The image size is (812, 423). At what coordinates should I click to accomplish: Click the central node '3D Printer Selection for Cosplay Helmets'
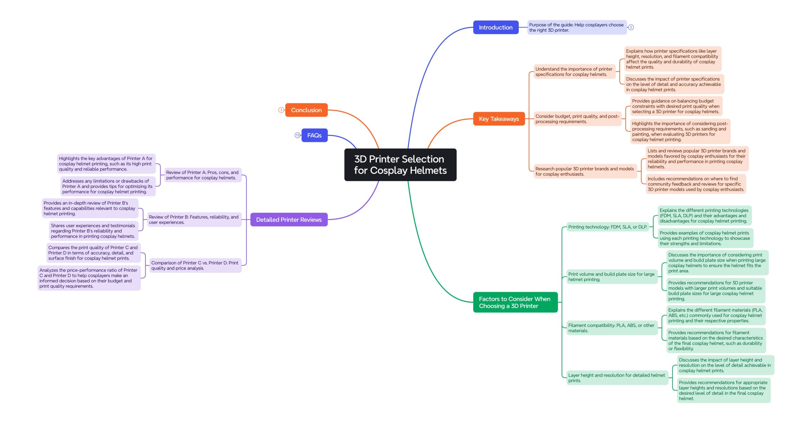(400, 164)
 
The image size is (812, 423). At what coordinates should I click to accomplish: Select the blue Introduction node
(496, 27)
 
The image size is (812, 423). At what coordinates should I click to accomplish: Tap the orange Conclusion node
(306, 110)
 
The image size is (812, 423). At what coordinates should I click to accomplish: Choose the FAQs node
(314, 135)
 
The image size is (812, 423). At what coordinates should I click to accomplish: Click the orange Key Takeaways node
(499, 119)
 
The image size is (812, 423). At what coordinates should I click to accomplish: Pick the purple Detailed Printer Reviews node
(289, 219)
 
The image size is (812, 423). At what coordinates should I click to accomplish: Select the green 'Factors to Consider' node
(515, 302)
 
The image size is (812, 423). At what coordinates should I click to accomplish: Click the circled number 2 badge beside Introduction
(631, 27)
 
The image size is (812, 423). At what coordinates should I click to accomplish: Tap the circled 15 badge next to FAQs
(297, 135)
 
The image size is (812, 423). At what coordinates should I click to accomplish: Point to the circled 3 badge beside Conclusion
(281, 110)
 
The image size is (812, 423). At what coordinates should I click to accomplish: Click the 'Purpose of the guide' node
(577, 27)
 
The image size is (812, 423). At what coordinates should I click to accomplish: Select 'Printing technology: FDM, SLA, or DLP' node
(608, 227)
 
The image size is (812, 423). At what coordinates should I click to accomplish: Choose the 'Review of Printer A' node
(203, 175)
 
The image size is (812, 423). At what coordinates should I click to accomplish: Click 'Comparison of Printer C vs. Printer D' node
(195, 265)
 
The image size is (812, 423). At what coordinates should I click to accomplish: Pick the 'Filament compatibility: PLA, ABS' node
(612, 328)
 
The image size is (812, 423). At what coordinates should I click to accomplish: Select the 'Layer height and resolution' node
(617, 378)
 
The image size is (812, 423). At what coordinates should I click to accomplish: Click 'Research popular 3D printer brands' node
(585, 171)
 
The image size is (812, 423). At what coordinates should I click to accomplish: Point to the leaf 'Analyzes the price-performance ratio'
(89, 278)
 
